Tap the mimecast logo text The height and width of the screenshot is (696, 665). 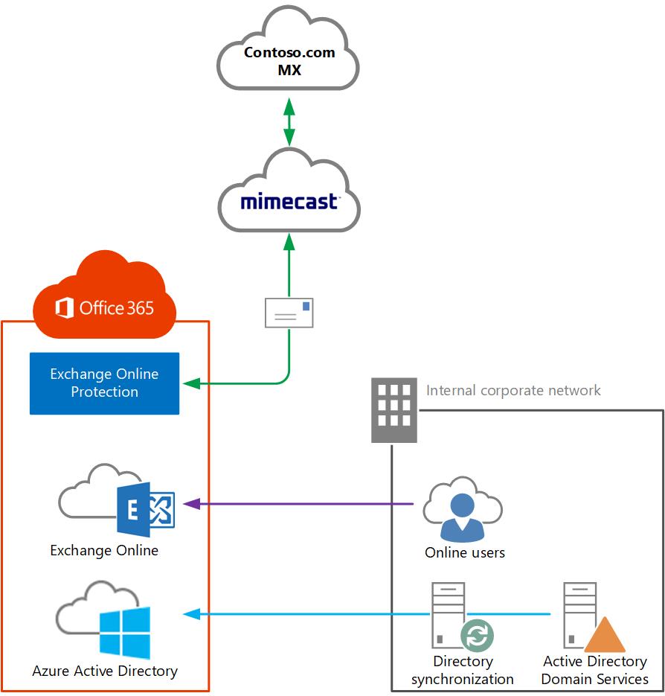[x=289, y=202]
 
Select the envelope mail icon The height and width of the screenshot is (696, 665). [x=289, y=313]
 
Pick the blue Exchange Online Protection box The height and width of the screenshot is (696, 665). [x=104, y=383]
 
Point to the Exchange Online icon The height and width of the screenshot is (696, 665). [x=145, y=508]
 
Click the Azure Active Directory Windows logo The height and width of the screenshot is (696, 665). [x=124, y=633]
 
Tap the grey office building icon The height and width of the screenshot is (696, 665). [x=394, y=410]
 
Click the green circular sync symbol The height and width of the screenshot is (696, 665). [x=477, y=636]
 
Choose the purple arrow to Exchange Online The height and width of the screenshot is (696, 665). [x=298, y=504]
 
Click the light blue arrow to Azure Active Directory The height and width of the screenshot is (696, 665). [x=305, y=614]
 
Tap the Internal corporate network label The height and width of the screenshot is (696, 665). [x=513, y=390]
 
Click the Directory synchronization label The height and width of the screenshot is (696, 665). [x=463, y=670]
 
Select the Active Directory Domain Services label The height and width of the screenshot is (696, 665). [x=595, y=670]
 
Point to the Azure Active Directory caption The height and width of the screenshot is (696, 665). [x=105, y=671]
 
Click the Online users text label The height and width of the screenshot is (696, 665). [x=465, y=552]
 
